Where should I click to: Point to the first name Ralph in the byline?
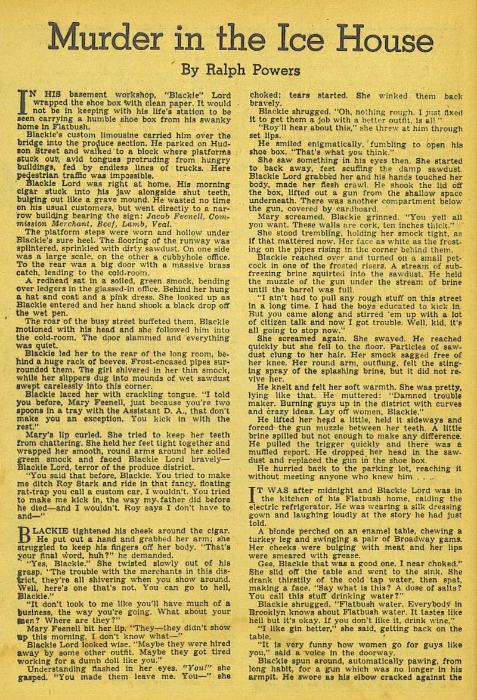click(x=221, y=70)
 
